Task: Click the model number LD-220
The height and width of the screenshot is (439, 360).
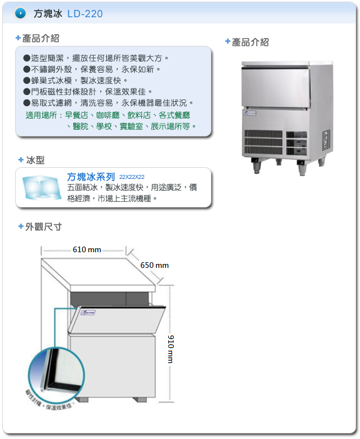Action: click(85, 13)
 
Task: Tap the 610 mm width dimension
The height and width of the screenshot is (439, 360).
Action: click(87, 249)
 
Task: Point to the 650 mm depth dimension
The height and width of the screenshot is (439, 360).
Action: click(154, 265)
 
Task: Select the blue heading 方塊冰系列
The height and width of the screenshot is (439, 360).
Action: click(91, 176)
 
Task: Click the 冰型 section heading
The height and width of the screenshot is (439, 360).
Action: click(35, 160)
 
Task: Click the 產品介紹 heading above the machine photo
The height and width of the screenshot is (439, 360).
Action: click(250, 42)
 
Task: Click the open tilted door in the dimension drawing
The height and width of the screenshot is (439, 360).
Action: click(118, 319)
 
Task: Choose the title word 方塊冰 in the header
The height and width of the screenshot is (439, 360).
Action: click(48, 13)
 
